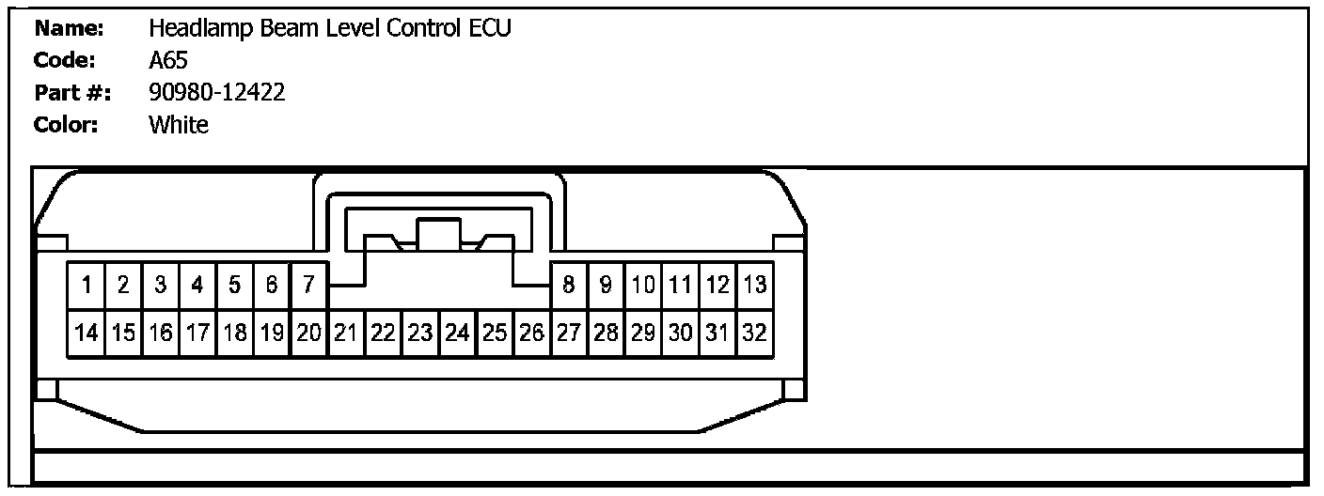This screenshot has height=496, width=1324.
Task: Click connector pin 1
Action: click(x=86, y=285)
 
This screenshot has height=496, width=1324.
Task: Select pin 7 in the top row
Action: click(x=308, y=285)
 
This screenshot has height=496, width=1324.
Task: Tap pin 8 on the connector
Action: click(x=569, y=285)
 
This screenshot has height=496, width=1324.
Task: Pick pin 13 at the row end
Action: click(x=754, y=285)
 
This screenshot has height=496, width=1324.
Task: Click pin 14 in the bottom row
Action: click(x=86, y=333)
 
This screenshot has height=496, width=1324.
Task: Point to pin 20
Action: click(x=308, y=333)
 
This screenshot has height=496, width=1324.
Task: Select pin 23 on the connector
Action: click(x=420, y=333)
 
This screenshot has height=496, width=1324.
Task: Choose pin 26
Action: click(x=531, y=333)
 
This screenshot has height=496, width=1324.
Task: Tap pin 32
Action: click(x=754, y=333)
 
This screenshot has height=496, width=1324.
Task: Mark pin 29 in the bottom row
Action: click(x=643, y=333)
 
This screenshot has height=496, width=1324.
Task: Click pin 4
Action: click(x=197, y=285)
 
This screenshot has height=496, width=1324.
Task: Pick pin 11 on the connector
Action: click(x=680, y=285)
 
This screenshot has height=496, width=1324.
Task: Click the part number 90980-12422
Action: click(x=217, y=92)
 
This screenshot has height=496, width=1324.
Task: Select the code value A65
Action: click(x=168, y=61)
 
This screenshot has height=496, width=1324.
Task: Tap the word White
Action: click(x=179, y=124)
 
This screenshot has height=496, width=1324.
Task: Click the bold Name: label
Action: click(x=68, y=28)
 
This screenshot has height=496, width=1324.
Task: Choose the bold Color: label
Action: click(x=66, y=124)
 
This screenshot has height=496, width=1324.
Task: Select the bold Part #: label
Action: click(x=72, y=92)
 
